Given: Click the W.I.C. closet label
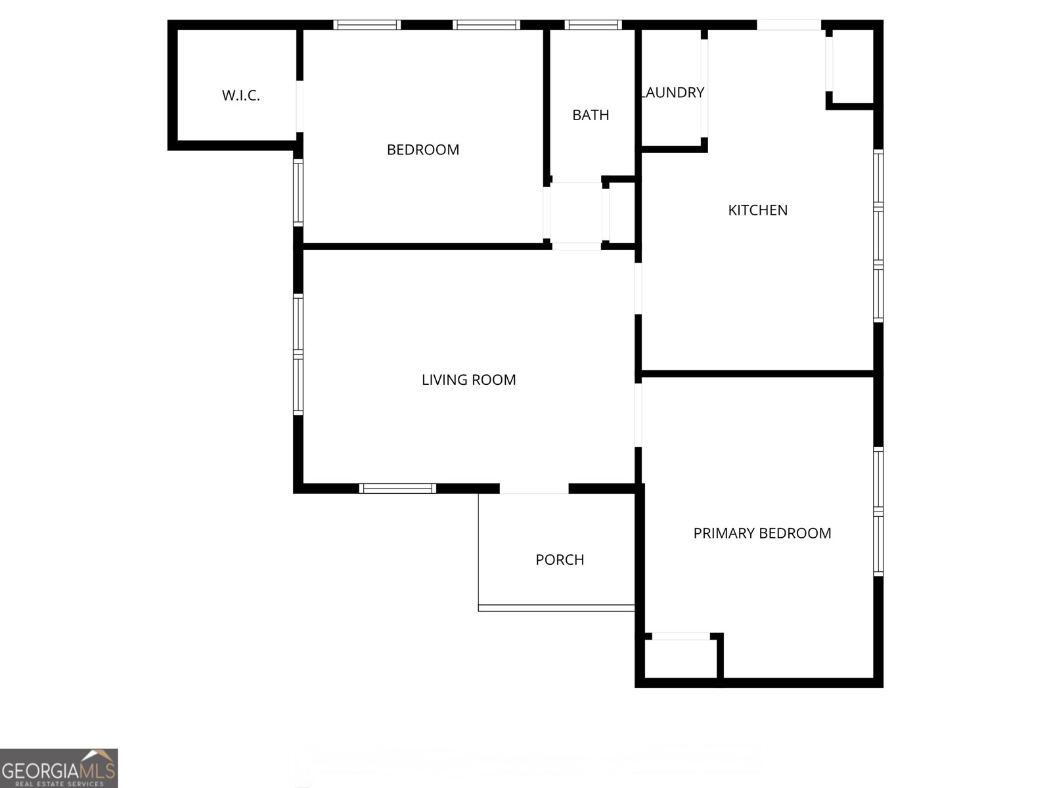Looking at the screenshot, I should (x=241, y=96).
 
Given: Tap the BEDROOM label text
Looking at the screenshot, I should (x=423, y=150).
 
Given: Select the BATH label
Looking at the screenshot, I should (x=591, y=116).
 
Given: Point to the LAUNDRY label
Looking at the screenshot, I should (x=673, y=93).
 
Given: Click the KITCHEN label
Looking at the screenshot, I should (x=757, y=210).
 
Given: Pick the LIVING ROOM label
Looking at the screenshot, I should (x=468, y=380).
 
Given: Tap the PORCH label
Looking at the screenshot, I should (x=560, y=559).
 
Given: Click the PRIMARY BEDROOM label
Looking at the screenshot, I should (x=762, y=533).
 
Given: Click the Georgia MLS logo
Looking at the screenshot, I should (x=58, y=768).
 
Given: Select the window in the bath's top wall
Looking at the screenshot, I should (x=593, y=25).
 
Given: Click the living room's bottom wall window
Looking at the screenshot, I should (x=397, y=488).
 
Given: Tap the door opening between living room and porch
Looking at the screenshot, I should (x=534, y=489).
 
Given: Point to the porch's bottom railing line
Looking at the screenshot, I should (x=556, y=608).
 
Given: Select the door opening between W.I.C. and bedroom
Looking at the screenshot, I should (x=300, y=106).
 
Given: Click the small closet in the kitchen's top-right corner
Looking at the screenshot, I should (x=852, y=66).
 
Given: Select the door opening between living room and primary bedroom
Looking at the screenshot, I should (x=638, y=415).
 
